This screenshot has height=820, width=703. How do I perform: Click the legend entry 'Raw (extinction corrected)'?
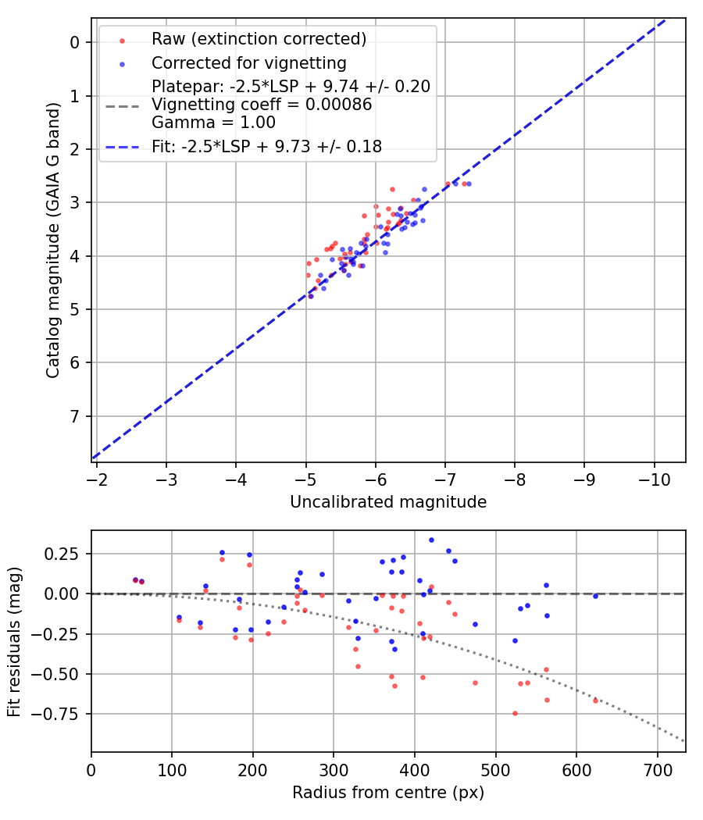point(259,38)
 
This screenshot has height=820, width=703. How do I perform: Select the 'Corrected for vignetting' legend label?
point(248,62)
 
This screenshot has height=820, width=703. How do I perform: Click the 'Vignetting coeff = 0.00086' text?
point(262,105)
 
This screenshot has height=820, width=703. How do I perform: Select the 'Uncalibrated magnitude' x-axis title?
point(388,502)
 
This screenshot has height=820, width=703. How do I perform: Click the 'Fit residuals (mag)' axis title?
point(14,642)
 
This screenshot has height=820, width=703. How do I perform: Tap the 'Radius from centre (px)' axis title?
point(388,793)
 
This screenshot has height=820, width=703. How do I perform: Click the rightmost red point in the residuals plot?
point(595,701)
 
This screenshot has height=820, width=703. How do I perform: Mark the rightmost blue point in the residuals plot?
point(595,596)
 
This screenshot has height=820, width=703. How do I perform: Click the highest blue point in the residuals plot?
point(431,540)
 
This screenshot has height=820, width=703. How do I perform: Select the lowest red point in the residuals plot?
point(515,713)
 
